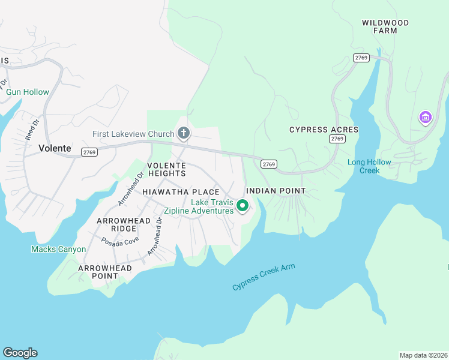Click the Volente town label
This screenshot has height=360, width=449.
(55, 148)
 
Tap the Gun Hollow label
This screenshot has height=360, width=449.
(28, 92)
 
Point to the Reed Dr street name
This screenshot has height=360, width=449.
(32, 130)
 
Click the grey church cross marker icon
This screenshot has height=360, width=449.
(183, 133)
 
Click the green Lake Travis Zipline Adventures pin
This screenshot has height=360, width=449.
(243, 206)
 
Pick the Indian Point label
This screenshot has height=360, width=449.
(276, 191)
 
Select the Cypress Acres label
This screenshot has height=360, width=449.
(324, 130)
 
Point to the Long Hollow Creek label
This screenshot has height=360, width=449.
(369, 166)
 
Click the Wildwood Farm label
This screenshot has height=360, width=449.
(385, 26)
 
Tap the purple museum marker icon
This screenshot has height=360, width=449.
(426, 116)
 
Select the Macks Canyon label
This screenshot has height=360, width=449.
(54, 249)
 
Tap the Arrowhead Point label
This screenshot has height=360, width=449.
(105, 272)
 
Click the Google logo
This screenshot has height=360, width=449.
(20, 353)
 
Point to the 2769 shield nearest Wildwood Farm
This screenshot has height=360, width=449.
(361, 58)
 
